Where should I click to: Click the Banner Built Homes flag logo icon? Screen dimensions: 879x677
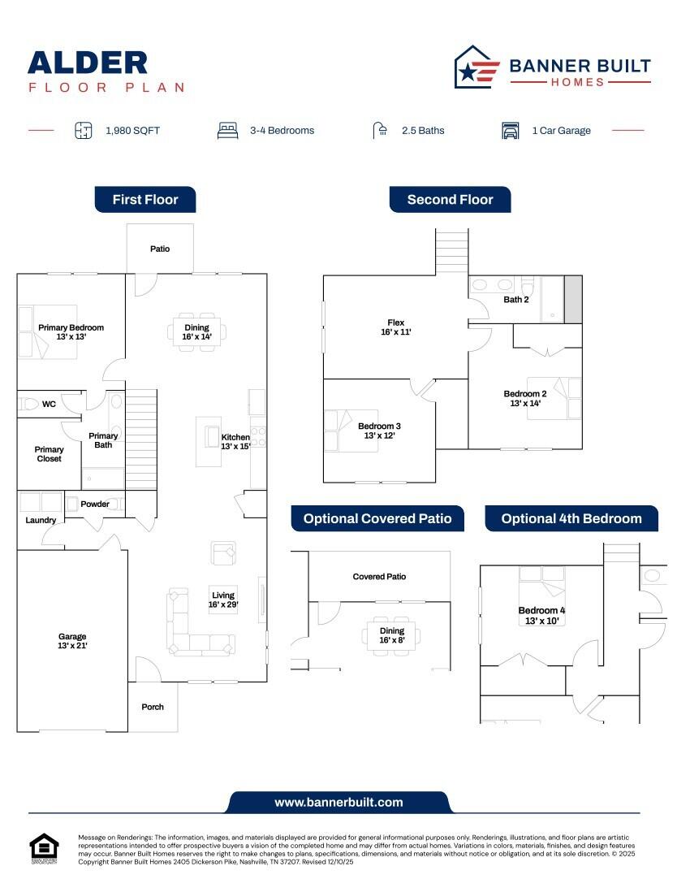[x=476, y=67]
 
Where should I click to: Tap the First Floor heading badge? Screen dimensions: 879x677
[x=145, y=199]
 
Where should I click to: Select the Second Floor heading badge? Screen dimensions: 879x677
[x=450, y=199]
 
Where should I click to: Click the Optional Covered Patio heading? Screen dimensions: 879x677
[x=377, y=518]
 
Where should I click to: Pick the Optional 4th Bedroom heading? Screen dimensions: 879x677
[x=571, y=518]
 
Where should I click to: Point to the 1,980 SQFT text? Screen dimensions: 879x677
[x=132, y=130]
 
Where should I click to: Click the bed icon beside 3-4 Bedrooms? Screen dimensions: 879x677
[x=228, y=130]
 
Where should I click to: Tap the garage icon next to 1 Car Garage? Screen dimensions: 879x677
[x=511, y=130]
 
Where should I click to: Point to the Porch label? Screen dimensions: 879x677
[x=153, y=707]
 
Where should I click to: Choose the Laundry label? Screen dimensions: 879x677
[x=41, y=520]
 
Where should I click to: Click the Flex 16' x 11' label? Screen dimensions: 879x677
[x=396, y=327]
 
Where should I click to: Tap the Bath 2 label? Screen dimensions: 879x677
[x=516, y=300]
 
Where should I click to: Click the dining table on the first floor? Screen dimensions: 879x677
[x=197, y=331]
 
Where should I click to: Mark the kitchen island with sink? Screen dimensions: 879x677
[x=209, y=442]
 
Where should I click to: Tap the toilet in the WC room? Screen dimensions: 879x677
[x=31, y=404]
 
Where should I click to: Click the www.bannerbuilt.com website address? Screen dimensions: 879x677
[x=338, y=802]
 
